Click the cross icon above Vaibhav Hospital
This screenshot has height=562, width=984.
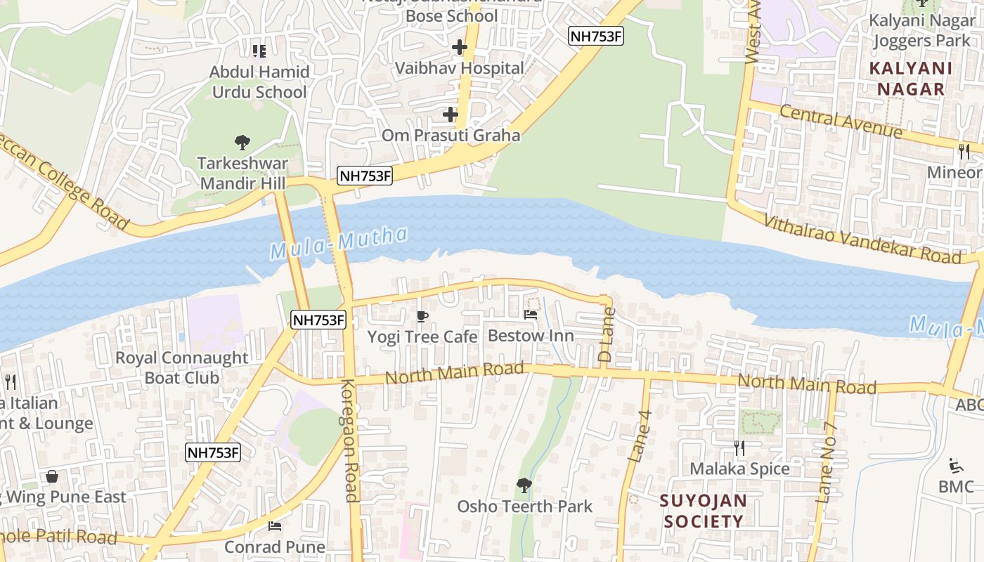pos(460,48)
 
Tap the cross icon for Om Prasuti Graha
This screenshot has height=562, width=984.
pos(451,114)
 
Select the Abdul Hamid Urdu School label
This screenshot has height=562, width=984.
pos(259,81)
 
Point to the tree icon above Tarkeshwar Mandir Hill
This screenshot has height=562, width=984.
pos(242,143)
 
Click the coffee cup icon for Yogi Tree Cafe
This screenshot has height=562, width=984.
pos(422,317)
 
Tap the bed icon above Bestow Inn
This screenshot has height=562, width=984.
pos(531,315)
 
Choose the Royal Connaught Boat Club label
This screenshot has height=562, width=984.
pos(182,367)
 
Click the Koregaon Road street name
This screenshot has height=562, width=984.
pos(350,440)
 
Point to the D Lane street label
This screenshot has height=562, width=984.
pos(606,335)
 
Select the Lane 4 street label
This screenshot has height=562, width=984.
pos(640,436)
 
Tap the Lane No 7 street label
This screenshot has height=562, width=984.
pos(827,462)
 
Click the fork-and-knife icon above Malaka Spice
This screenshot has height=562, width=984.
pos(739,447)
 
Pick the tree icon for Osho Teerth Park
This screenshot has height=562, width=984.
pos(524,485)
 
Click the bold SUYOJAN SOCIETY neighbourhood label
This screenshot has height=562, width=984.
pos(704,511)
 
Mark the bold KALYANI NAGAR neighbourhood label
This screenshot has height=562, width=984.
pos(911,79)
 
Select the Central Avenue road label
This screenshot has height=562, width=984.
pos(841,121)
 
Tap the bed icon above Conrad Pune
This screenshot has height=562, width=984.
pos(275,525)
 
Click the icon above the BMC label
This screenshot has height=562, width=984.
pos(956,466)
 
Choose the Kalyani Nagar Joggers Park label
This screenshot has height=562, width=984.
pos(921,30)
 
